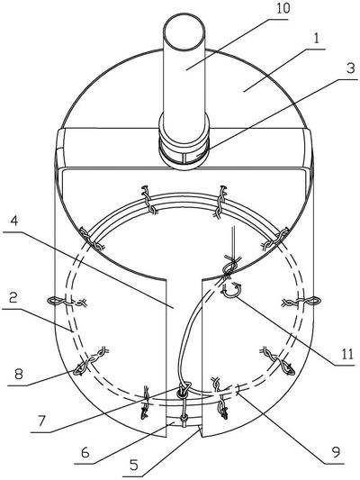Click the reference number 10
(x=283, y=9)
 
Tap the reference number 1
(x=317, y=40)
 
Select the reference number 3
(x=350, y=68)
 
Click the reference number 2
(x=13, y=298)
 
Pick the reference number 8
(x=19, y=374)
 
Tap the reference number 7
(x=41, y=421)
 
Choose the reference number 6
(x=85, y=452)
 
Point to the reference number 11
(x=346, y=354)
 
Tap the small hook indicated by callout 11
(x=231, y=290)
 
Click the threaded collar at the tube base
(x=184, y=150)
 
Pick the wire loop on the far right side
(x=312, y=302)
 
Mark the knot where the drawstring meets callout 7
(x=184, y=392)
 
